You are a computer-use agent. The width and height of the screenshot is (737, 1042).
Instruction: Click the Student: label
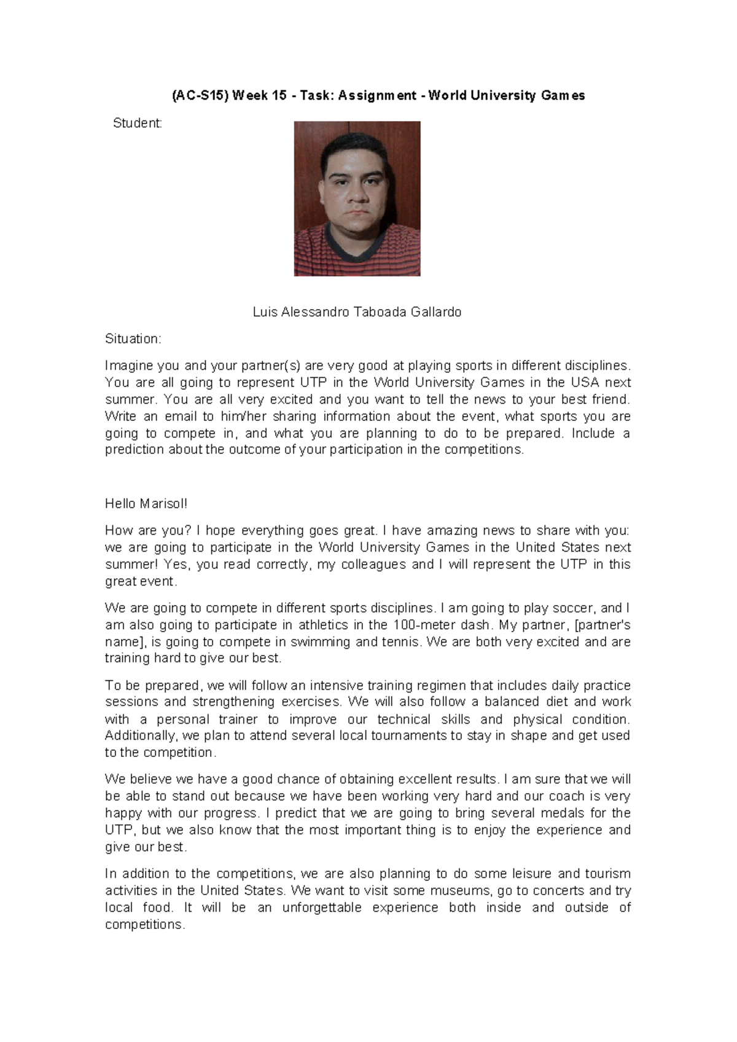click(138, 123)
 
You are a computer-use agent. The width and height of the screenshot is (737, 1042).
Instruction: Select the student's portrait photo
click(357, 198)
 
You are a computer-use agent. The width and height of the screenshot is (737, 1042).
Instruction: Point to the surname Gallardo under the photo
click(437, 312)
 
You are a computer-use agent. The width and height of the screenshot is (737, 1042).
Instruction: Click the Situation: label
click(133, 339)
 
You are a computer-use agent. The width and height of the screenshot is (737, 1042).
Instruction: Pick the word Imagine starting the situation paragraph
click(129, 366)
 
